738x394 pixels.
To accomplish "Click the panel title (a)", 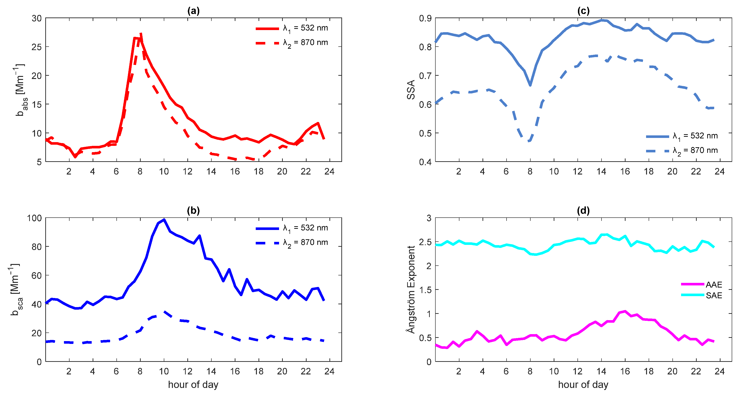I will click(x=193, y=11).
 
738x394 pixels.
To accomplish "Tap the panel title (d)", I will click(x=583, y=211).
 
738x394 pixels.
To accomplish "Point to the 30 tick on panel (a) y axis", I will click(x=37, y=18).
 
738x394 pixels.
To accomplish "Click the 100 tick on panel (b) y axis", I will click(x=34, y=218).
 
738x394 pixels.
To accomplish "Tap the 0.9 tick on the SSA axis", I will click(x=425, y=18).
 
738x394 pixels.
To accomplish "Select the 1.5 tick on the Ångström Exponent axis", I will click(x=425, y=290).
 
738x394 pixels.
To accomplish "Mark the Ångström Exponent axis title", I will click(x=411, y=289).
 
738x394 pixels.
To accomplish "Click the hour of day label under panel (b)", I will click(x=193, y=384).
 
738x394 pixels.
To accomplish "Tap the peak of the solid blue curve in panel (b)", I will click(x=164, y=220).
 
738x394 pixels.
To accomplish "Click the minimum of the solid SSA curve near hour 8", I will click(x=530, y=85).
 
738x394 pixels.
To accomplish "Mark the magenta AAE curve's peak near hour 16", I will click(x=625, y=311).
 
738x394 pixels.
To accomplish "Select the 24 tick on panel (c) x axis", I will click(x=719, y=171).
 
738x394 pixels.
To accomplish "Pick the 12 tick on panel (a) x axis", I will click(x=187, y=171).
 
